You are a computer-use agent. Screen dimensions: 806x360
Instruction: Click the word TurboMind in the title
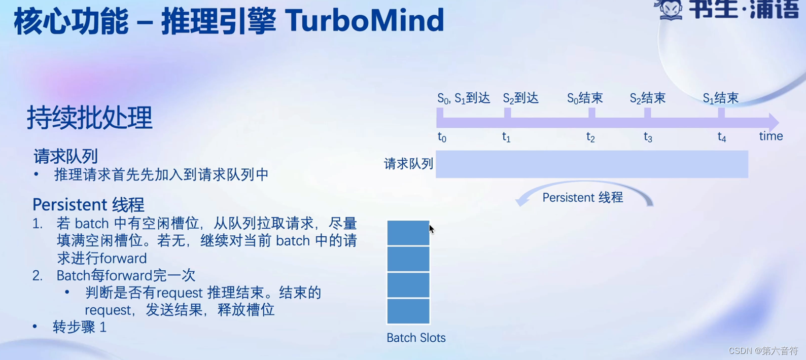[x=365, y=20]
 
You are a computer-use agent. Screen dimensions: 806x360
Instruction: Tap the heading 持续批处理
[x=90, y=118]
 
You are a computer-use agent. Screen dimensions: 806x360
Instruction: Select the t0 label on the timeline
[x=442, y=137]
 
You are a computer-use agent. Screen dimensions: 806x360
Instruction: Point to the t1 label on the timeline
[x=506, y=137]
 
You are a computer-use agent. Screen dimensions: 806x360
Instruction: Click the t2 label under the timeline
[x=590, y=137]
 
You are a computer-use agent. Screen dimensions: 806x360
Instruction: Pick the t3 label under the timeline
[x=648, y=137]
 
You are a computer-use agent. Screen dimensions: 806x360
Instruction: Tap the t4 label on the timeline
[x=722, y=137]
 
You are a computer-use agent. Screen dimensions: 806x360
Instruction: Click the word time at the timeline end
[x=770, y=136]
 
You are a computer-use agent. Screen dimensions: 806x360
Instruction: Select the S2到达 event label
[x=520, y=98]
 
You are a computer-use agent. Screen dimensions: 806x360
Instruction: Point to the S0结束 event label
[x=585, y=98]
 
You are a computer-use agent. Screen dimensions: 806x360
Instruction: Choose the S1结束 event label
[x=721, y=98]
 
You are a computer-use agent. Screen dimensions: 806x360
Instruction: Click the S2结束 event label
[x=648, y=98]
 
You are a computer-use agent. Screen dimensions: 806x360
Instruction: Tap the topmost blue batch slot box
[x=408, y=233]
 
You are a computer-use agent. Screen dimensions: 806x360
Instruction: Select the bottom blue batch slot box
[x=408, y=311]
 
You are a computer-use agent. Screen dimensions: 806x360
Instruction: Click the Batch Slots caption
[x=416, y=338]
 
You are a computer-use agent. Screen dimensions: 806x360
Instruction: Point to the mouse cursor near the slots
[x=432, y=229]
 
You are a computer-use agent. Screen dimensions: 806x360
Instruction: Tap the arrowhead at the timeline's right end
[x=774, y=122]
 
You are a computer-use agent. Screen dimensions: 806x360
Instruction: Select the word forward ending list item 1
[x=123, y=258]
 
